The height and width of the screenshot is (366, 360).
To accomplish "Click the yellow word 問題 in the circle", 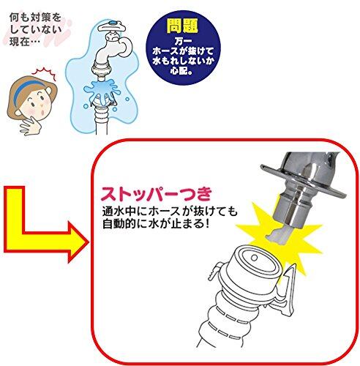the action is pos(182,26).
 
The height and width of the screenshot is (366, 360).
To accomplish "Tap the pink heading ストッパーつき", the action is pos(157,194).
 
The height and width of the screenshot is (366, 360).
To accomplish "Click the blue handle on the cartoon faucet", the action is pos(112,23).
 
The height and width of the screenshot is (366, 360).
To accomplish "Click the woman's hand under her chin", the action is pos(31,125).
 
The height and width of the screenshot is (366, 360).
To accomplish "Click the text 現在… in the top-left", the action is pos(24,42).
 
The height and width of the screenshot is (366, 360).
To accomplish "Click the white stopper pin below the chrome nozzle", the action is pos(278,235).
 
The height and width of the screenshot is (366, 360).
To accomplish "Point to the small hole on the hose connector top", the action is pos(254,258).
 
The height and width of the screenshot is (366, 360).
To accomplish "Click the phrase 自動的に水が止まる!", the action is pos(156,224).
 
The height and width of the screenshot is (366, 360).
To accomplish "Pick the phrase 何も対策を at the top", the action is pos(35,18).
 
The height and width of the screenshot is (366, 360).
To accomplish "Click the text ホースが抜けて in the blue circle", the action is pos(183,51).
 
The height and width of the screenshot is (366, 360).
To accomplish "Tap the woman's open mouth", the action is pos(42,113).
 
